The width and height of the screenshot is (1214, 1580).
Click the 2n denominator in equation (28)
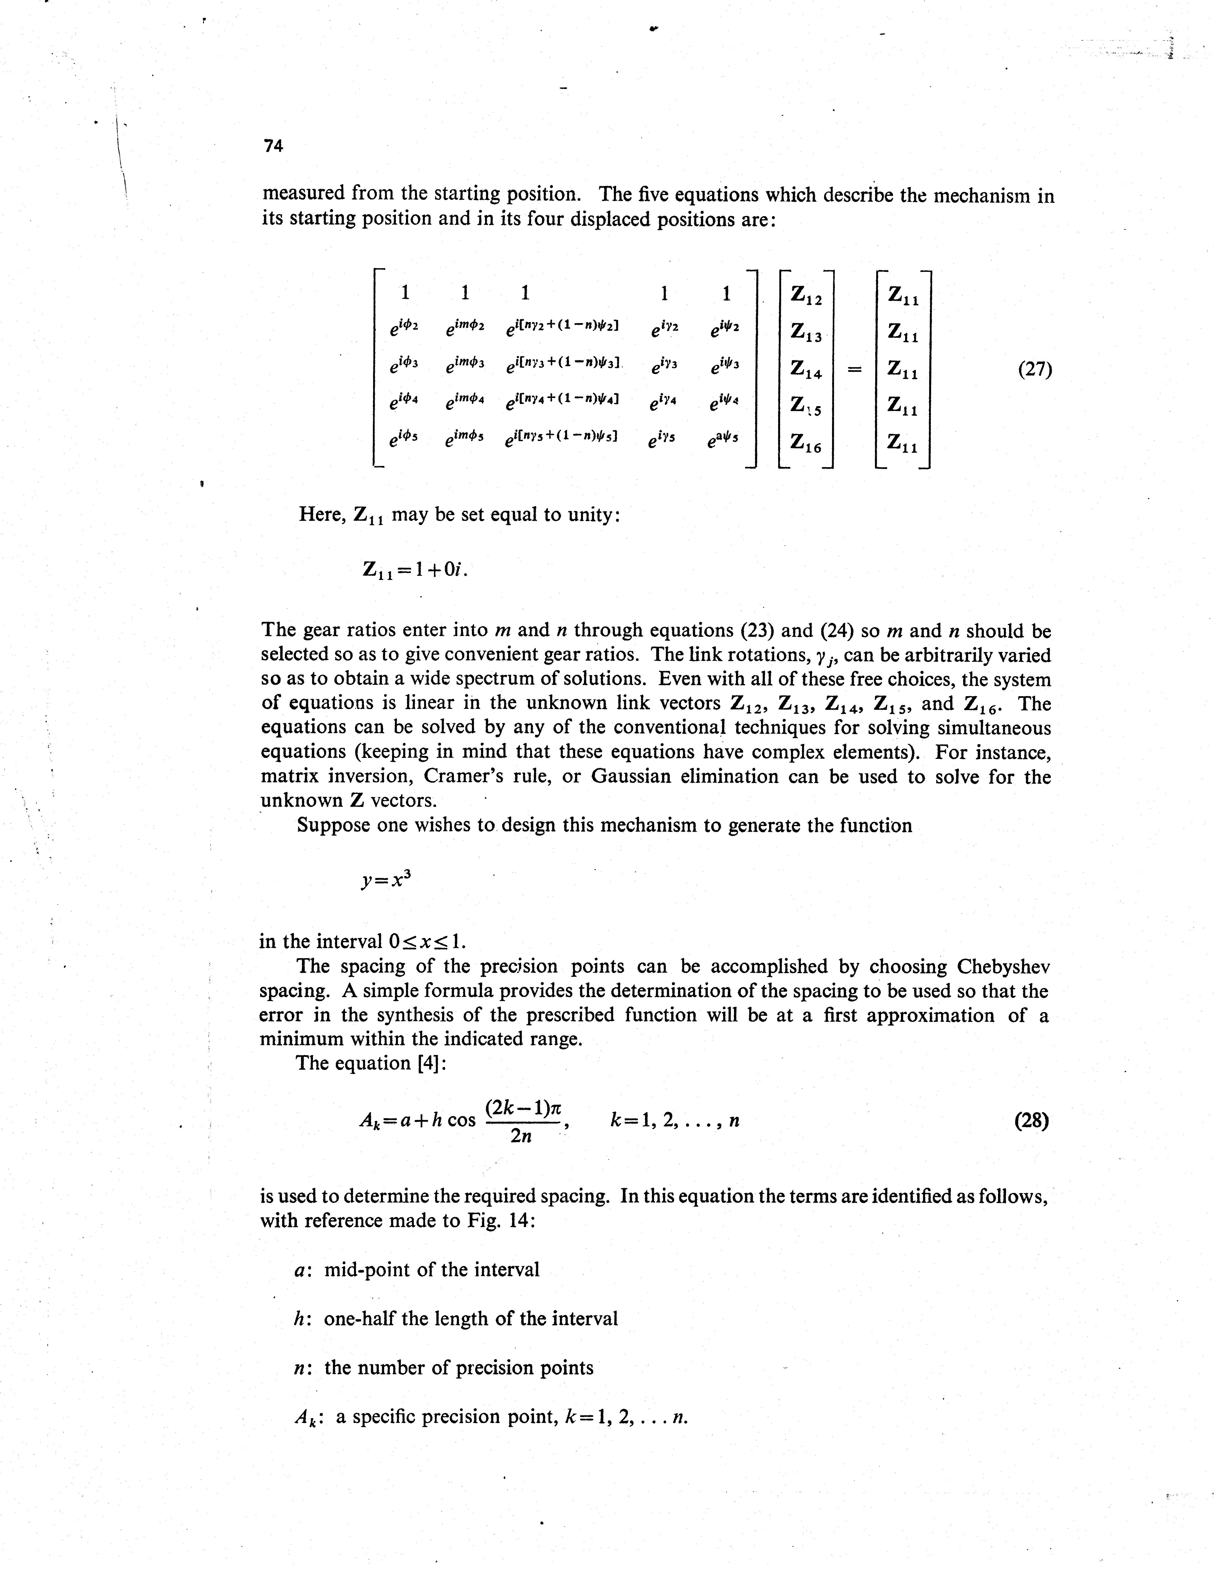click(521, 1136)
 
